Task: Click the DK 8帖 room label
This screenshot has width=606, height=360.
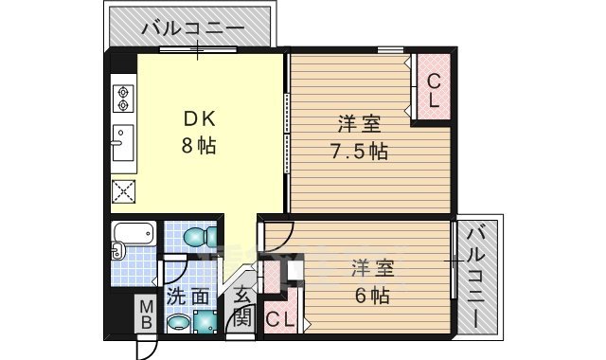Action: pos(200,133)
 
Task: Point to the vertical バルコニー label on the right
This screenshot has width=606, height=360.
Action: pos(479,275)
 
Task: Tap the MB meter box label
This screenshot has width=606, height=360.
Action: pos(147,314)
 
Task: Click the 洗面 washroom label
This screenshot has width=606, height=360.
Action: pos(187,297)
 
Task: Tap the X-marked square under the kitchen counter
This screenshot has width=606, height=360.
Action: pos(124,192)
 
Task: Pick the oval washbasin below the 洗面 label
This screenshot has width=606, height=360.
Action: pos(180,325)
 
